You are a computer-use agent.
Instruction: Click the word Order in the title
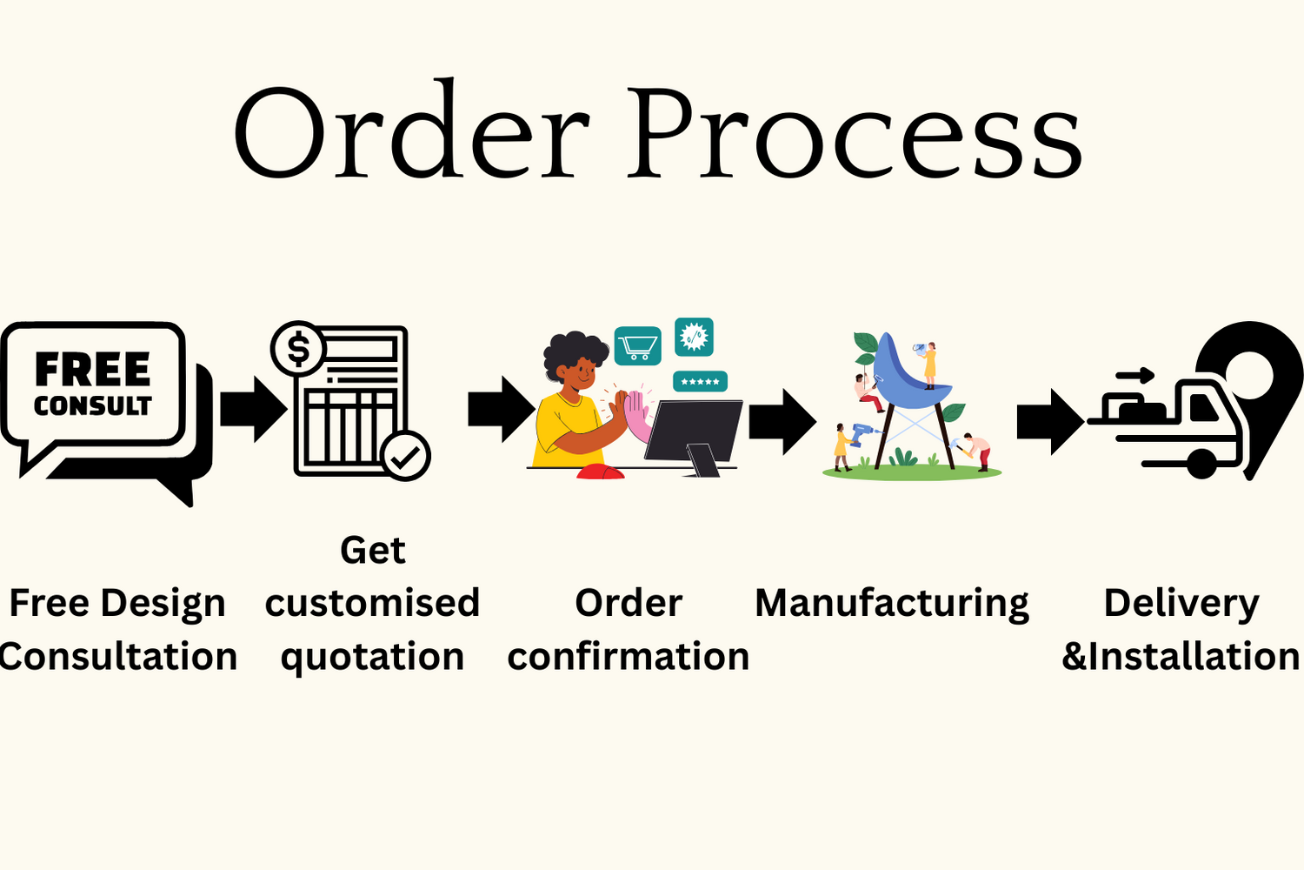point(412,128)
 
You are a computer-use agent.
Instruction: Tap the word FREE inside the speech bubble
point(93,369)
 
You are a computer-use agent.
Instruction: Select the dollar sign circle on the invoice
point(298,349)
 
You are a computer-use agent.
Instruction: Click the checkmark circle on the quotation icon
point(406,456)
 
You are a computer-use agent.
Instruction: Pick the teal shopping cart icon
point(637,346)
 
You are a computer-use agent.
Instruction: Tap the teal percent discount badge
point(694,337)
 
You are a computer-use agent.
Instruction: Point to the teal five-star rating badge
point(700,382)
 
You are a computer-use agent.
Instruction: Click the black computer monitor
point(693,434)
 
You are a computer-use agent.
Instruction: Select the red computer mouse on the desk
point(600,472)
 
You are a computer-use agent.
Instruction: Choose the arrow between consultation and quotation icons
point(254,409)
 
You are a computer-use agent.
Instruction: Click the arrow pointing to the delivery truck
point(1051,422)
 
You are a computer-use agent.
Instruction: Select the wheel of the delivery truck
point(1201,464)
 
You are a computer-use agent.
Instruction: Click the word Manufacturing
point(892,605)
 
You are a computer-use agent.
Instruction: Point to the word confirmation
point(629,656)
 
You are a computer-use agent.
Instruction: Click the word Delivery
point(1181,605)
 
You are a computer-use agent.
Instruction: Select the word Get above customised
point(373,550)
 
